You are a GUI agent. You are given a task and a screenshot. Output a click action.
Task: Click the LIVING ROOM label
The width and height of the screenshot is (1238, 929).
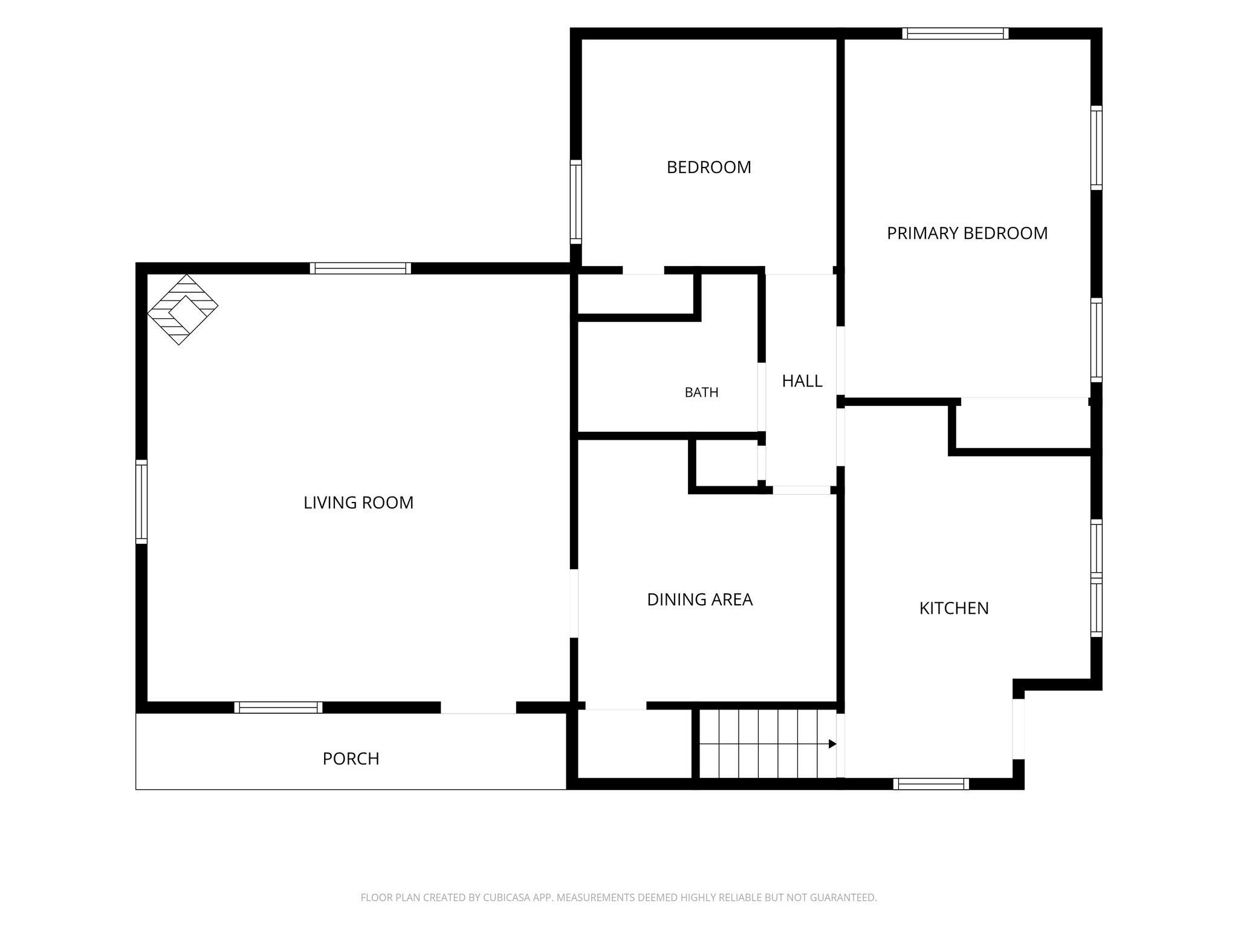click(x=358, y=503)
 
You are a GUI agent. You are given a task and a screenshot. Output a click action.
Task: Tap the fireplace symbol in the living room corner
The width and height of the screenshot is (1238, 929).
click(x=183, y=310)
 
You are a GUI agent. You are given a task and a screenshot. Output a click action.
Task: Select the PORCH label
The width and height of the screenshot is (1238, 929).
click(x=351, y=758)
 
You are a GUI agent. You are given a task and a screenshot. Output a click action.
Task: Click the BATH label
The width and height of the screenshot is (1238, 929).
click(x=701, y=393)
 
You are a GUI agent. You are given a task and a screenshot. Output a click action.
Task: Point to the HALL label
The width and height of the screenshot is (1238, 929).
click(x=802, y=381)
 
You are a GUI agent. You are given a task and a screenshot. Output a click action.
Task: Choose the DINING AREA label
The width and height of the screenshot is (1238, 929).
click(x=699, y=599)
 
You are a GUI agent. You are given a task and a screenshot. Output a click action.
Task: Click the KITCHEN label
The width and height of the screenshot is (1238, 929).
click(x=954, y=608)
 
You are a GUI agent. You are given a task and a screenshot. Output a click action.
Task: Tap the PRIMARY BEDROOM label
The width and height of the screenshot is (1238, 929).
click(x=967, y=233)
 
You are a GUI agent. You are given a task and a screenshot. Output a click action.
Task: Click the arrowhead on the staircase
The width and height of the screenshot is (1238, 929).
click(x=832, y=743)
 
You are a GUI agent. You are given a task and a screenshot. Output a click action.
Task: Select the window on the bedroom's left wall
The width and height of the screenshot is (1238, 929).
click(x=576, y=202)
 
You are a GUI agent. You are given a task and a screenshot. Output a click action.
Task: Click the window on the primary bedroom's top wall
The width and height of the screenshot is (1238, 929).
click(x=956, y=33)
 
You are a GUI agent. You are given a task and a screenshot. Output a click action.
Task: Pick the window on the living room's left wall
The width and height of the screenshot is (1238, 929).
click(x=141, y=501)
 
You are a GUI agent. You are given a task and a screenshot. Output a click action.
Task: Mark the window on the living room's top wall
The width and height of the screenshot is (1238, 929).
click(x=360, y=268)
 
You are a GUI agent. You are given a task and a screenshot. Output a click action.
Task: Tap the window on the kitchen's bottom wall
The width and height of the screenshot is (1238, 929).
click(x=931, y=784)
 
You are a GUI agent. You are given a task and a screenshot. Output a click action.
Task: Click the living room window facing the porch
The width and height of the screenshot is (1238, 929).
click(x=278, y=708)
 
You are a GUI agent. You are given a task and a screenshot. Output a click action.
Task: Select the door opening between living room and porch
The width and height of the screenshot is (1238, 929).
click(x=478, y=708)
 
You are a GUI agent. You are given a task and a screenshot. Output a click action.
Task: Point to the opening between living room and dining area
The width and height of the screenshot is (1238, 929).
click(x=574, y=603)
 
